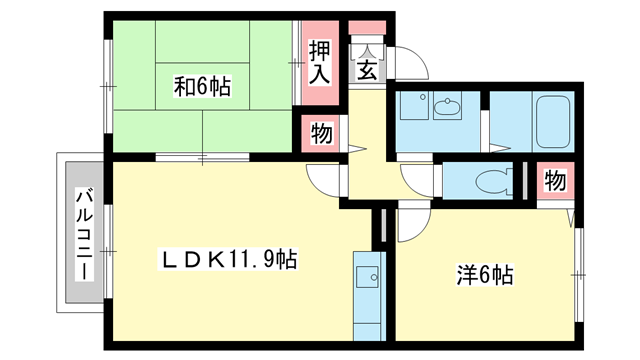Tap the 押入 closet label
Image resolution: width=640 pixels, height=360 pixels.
319,61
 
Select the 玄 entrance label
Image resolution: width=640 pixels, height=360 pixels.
366,70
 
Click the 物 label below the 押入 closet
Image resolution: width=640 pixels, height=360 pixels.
321,132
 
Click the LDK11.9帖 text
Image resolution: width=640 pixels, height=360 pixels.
230,259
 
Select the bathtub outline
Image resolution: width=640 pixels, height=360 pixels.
552,122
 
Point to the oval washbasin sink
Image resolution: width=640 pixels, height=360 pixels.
446,106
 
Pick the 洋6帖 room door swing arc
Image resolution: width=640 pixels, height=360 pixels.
413,226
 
